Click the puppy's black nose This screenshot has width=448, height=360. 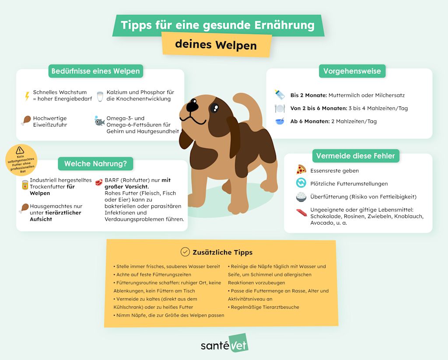coord(192,106)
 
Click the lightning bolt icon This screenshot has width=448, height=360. coord(27,96)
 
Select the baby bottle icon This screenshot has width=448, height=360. coord(280,95)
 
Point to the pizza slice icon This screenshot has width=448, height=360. coord(301,170)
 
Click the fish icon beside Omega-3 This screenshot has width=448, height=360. coord(100,122)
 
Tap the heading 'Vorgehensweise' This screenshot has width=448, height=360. coord(352,71)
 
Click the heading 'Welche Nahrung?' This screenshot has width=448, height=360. coord(95,164)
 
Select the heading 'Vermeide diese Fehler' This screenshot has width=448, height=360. coord(355,155)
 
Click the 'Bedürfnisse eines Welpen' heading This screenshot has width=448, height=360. coord(95,71)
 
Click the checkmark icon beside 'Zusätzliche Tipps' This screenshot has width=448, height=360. coord(185,252)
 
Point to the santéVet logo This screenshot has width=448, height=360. coord(224,344)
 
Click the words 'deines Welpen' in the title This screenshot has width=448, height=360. coord(216,45)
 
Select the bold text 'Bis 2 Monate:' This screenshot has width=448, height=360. coord(308,95)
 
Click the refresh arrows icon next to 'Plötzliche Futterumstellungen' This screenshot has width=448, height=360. coord(301,183)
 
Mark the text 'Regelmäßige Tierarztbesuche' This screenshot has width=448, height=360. coord(265,307)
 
